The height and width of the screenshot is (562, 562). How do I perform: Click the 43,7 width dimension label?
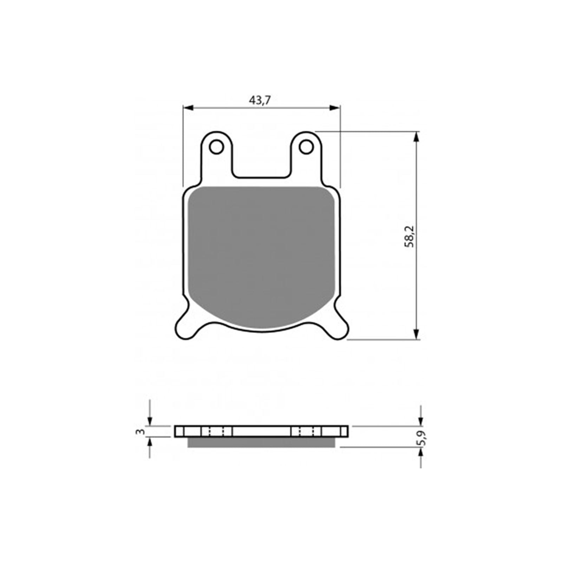260,101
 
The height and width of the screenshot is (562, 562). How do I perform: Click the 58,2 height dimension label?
410,236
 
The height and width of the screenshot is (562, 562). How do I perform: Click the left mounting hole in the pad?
216,146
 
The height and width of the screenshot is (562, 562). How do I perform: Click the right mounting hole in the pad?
306,146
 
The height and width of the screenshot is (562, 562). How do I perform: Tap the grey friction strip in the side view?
261,443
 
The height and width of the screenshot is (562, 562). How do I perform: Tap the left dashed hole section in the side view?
216,431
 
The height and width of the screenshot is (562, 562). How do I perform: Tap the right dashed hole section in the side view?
306,431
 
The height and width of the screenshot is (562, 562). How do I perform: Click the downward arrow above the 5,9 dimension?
421,421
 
